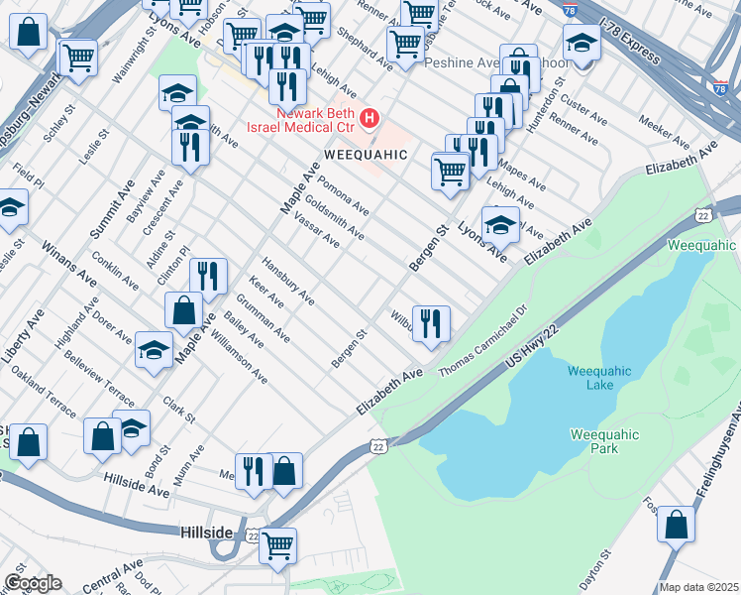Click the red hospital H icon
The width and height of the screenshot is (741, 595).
(x=370, y=120)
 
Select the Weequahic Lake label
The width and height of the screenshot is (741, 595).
(x=596, y=378)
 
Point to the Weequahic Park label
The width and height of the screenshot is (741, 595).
(x=604, y=441)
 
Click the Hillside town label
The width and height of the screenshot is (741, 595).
(x=207, y=532)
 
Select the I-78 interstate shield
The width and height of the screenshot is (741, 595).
(x=720, y=87)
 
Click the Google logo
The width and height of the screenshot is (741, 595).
(x=33, y=583)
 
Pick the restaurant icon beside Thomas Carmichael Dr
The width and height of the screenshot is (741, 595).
(x=431, y=323)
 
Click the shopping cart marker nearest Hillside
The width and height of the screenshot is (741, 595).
(x=277, y=544)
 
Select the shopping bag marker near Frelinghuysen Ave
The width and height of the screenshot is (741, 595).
(x=676, y=525)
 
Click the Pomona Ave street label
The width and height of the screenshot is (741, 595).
(x=344, y=197)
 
